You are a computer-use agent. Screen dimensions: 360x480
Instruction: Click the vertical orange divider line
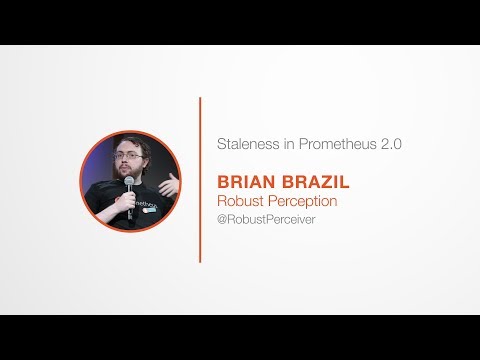tap(201, 180)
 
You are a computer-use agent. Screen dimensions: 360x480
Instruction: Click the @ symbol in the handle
tap(222, 219)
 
